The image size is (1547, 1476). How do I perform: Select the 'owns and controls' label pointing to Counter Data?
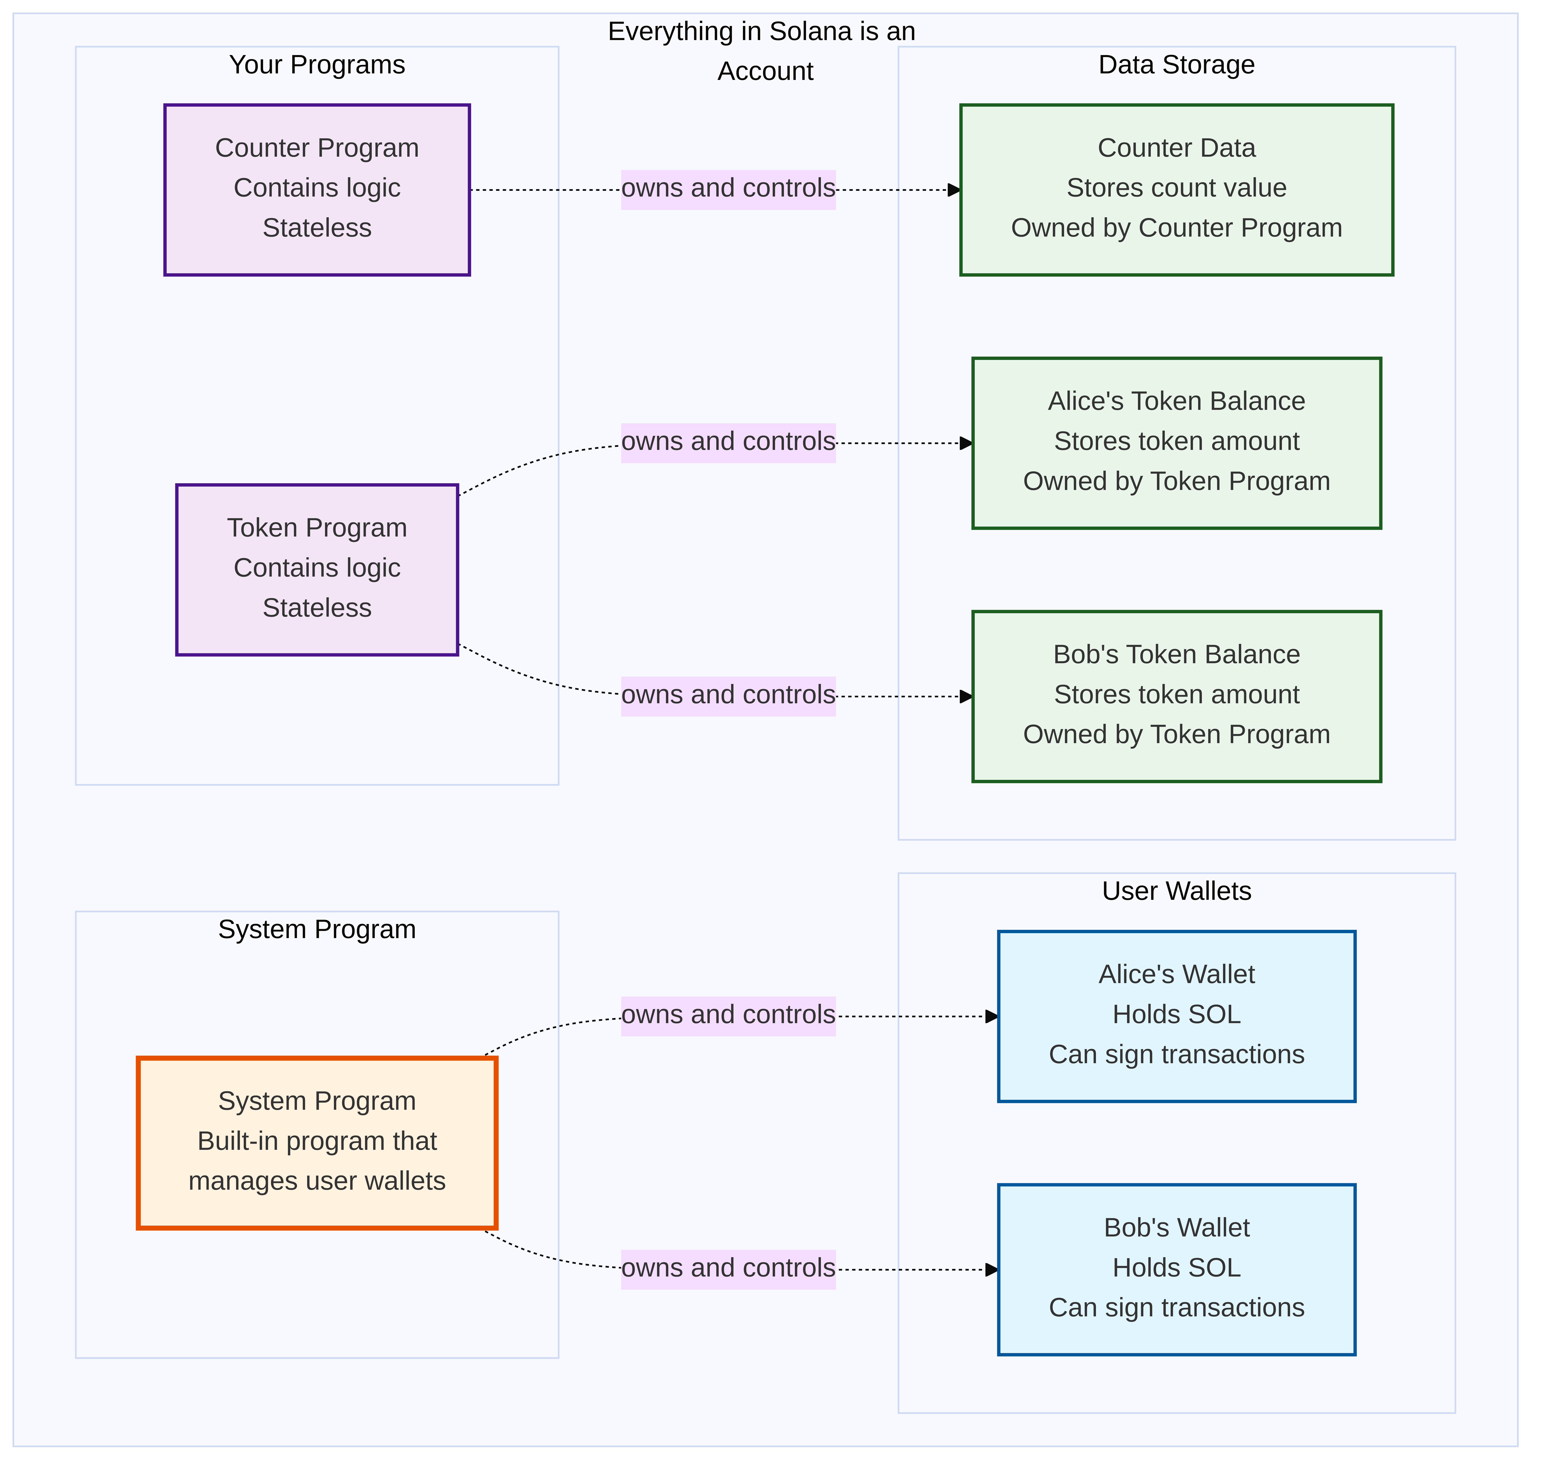pos(728,189)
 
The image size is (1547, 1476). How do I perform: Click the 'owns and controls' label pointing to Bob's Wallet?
pos(728,1268)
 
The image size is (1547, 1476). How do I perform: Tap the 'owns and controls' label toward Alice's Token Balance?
pos(728,442)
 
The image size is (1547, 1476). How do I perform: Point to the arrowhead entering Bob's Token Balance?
pos(966,696)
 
